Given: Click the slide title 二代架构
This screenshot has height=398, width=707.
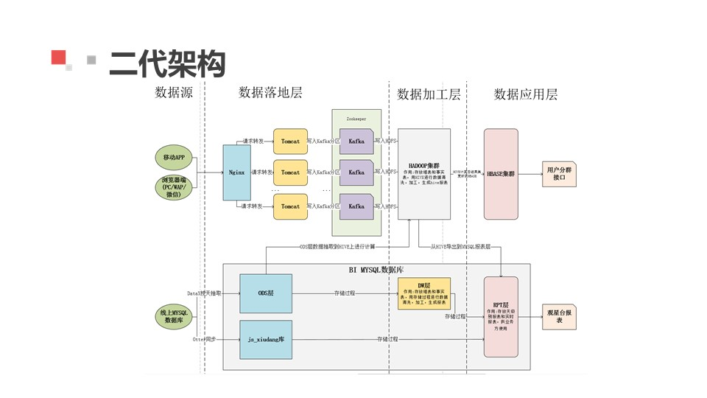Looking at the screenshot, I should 166,64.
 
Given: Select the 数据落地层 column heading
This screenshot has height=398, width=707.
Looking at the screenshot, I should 270,93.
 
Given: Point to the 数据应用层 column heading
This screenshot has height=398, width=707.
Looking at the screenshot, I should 525,94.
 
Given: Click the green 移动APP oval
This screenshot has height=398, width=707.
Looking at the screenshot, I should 174,157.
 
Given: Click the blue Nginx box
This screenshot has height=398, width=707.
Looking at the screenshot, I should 236,172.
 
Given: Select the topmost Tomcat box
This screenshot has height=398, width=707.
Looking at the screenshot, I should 290,141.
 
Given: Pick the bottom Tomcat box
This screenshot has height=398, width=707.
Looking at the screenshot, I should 290,206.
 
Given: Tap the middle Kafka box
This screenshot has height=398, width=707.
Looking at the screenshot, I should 356,172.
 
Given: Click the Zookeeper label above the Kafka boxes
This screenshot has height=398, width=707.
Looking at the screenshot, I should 356,119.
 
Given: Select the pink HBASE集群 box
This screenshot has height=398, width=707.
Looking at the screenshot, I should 501,174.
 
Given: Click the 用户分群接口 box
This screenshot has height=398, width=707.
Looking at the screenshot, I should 559,174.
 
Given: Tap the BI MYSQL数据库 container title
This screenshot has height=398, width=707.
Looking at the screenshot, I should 376,270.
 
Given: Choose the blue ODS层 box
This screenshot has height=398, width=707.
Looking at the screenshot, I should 266,293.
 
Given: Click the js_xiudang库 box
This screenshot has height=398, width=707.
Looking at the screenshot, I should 266,339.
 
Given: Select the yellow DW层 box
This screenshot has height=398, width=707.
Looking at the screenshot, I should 424,293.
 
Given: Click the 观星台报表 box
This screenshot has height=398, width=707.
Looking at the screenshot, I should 559,317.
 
